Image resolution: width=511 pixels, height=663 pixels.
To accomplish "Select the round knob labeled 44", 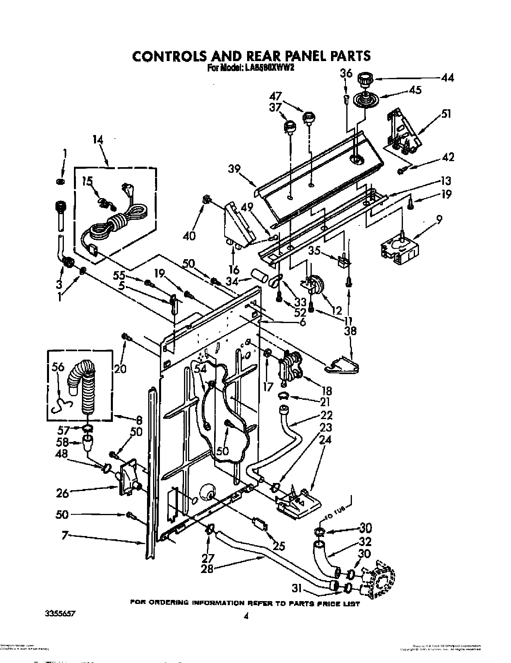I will [x=364, y=79].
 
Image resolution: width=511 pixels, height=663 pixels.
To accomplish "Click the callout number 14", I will [x=98, y=141].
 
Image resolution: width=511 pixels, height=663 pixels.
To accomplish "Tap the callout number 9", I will [x=439, y=220].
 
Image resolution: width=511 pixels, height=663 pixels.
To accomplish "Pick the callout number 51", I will [x=446, y=115].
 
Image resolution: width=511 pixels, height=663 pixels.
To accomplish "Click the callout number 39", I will [x=235, y=169].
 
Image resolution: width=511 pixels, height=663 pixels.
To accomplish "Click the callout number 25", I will [x=279, y=546].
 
